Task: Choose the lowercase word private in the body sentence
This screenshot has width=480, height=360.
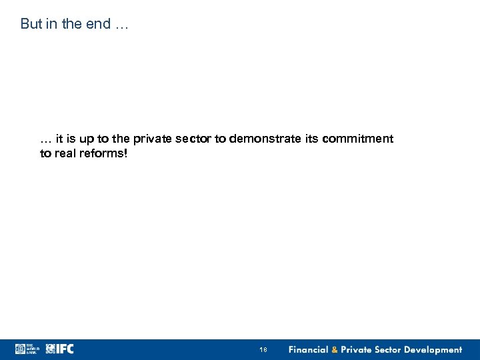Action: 152,139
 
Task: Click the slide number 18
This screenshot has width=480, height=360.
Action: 263,350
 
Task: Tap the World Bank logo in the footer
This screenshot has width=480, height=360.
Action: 27,349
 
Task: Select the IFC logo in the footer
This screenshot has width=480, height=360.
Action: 59,349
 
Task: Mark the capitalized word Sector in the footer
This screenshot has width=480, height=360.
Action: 392,350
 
